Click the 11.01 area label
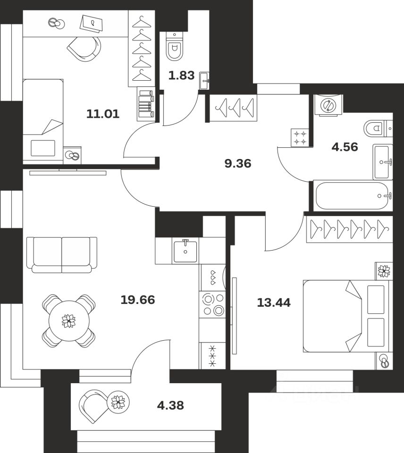pyautogui.click(x=103, y=113)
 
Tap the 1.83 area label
pyautogui.click(x=182, y=75)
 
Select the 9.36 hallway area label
pyautogui.click(x=238, y=164)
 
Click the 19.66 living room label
pyautogui.click(x=138, y=299)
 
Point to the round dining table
pyautogui.click(x=69, y=321)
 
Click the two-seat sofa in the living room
pyautogui.click(x=62, y=254)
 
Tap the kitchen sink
pyautogui.click(x=185, y=251)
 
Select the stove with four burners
pyautogui.click(x=212, y=304)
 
